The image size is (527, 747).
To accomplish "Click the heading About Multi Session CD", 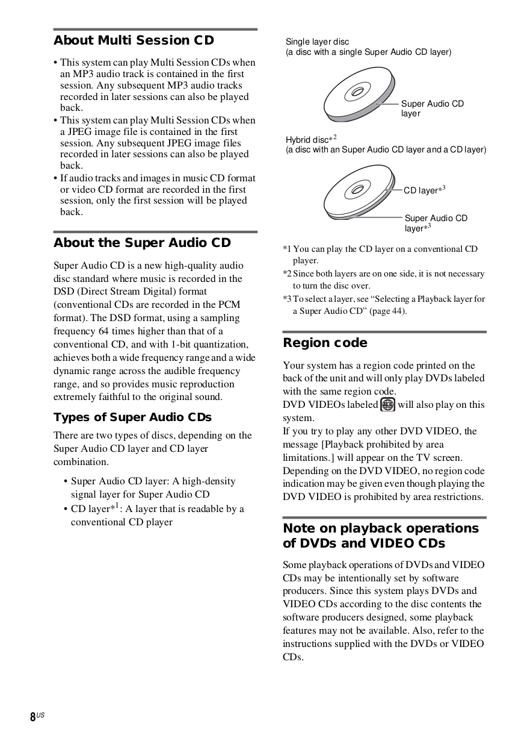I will click(x=134, y=40).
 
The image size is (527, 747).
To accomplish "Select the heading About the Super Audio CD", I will click(x=142, y=243).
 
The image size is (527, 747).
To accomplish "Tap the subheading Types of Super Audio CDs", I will click(x=132, y=417).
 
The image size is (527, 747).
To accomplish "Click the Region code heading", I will click(x=325, y=343).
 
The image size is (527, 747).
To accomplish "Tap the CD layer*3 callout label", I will click(x=424, y=190).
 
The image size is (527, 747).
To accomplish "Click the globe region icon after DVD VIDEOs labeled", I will click(x=388, y=405).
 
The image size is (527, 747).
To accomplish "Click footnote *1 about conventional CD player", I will click(x=380, y=254).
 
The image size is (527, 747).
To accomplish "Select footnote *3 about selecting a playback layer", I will click(x=384, y=305).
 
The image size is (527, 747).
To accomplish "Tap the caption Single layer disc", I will click(x=317, y=42).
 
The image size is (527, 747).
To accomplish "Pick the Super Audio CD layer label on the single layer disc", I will click(x=432, y=108).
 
